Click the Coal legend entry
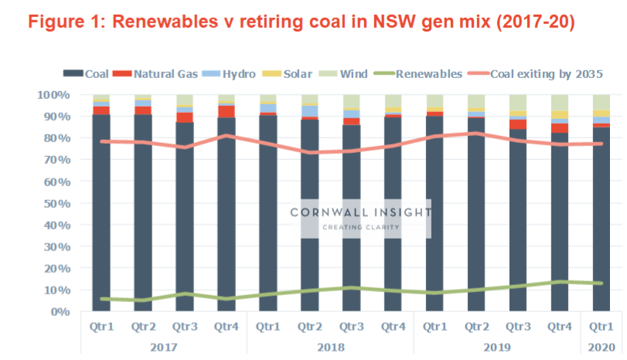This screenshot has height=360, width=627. [91, 74]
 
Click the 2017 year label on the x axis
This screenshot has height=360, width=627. [164, 347]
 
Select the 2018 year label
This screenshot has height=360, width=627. [331, 347]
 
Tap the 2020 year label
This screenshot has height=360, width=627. [601, 347]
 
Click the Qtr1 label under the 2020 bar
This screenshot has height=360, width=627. [601, 327]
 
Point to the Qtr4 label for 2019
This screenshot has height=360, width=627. [562, 327]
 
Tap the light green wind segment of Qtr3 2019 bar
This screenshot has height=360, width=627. [518, 103]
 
